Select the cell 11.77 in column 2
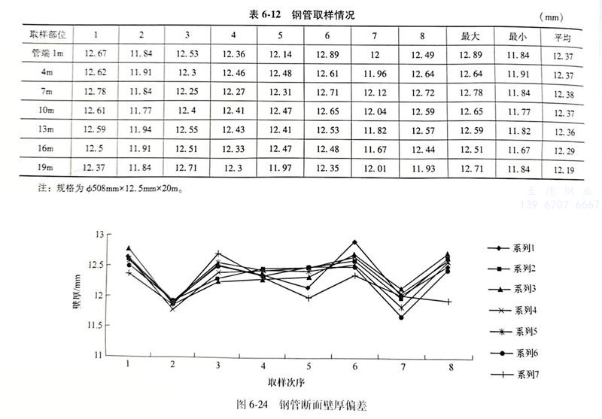[x=141, y=111]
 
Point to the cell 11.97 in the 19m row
[x=280, y=166]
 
